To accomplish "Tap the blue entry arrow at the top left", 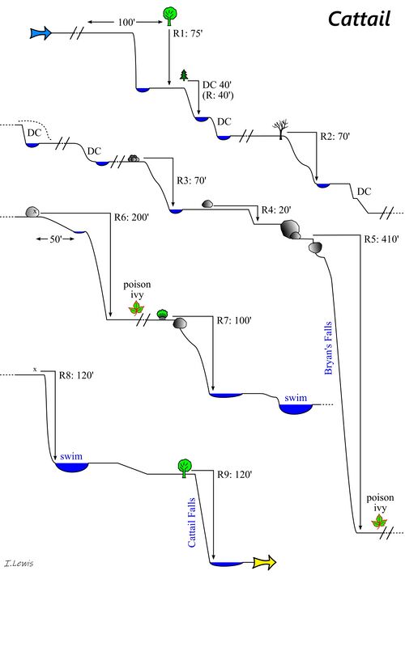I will pyautogui.click(x=40, y=33).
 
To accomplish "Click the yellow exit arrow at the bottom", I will pyautogui.click(x=264, y=562).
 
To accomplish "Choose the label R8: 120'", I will pyautogui.click(x=77, y=375).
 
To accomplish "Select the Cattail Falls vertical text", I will pyautogui.click(x=192, y=522).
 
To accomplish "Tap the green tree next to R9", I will pyautogui.click(x=185, y=465).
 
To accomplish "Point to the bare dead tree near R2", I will pyautogui.click(x=281, y=127).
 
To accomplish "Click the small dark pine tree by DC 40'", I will pyautogui.click(x=184, y=75).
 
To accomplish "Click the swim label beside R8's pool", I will pyautogui.click(x=71, y=457).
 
